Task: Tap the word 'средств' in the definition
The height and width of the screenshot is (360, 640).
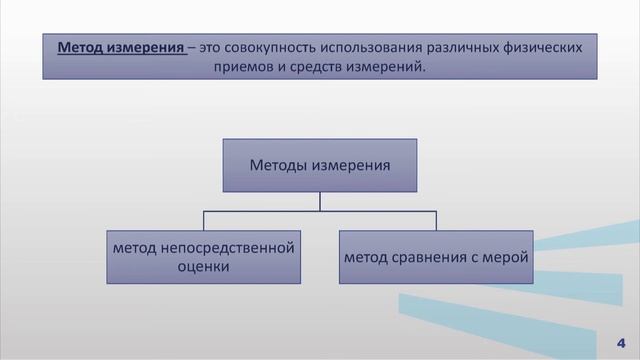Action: point(329,68)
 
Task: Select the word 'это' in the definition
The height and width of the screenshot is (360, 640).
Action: point(209,46)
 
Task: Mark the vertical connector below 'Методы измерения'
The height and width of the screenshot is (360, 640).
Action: point(319,201)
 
